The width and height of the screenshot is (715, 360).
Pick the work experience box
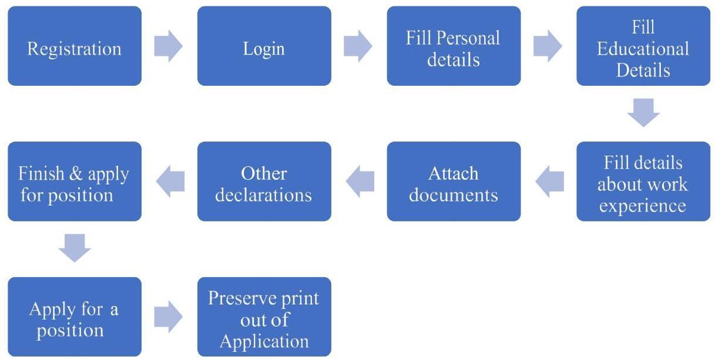point(643,181)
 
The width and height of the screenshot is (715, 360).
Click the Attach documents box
point(454,181)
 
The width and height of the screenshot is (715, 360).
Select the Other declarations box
point(264,181)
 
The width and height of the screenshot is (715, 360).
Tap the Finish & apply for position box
point(75,181)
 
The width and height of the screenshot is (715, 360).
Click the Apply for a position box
point(75,317)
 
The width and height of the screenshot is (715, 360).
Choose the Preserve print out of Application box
point(264,317)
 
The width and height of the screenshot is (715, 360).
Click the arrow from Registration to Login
point(168,46)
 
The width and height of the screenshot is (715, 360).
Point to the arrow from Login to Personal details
point(358,46)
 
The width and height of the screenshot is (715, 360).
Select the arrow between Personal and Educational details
point(548,46)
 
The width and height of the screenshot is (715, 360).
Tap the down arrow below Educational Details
point(643,113)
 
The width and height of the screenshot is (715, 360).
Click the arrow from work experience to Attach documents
point(550,181)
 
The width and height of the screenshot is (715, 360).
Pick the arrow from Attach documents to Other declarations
point(360,181)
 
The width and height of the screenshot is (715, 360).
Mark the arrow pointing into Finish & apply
point(170,181)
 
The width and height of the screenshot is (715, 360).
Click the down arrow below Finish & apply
point(75,248)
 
